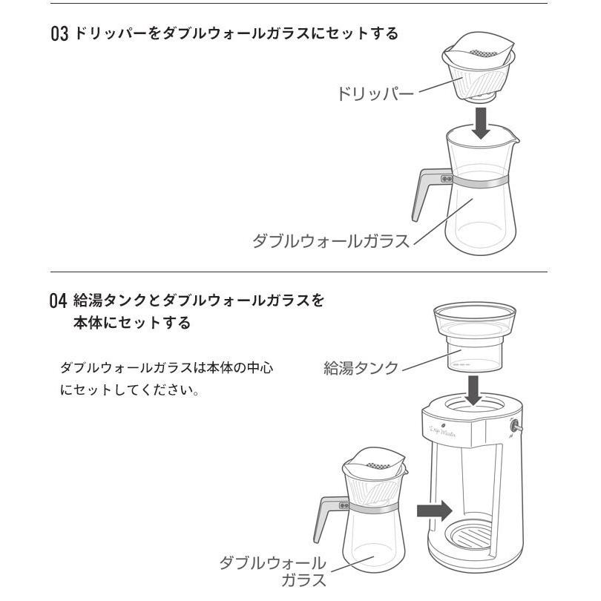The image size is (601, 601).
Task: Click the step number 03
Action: click(x=59, y=34)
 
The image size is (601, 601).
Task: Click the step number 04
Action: click(x=59, y=302)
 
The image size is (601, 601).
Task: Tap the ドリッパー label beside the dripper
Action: click(x=375, y=94)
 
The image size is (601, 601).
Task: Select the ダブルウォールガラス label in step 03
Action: click(x=330, y=242)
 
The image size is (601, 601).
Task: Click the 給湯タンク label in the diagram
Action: click(x=361, y=367)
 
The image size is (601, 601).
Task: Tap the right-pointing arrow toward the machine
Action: click(x=435, y=510)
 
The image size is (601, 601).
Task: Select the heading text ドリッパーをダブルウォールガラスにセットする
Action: click(x=236, y=34)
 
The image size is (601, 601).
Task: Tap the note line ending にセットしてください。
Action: click(x=130, y=390)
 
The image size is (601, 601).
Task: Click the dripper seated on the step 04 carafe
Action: click(x=375, y=475)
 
